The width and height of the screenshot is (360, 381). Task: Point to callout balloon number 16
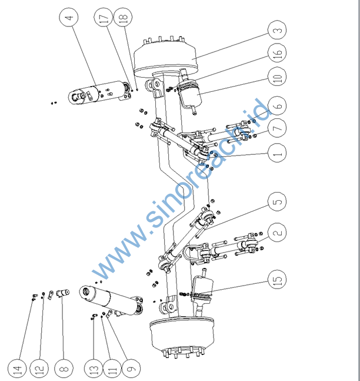(278, 54)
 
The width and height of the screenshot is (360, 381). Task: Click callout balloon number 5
(278, 202)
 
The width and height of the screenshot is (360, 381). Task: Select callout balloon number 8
(64, 369)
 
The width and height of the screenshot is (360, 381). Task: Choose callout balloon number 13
(92, 369)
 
